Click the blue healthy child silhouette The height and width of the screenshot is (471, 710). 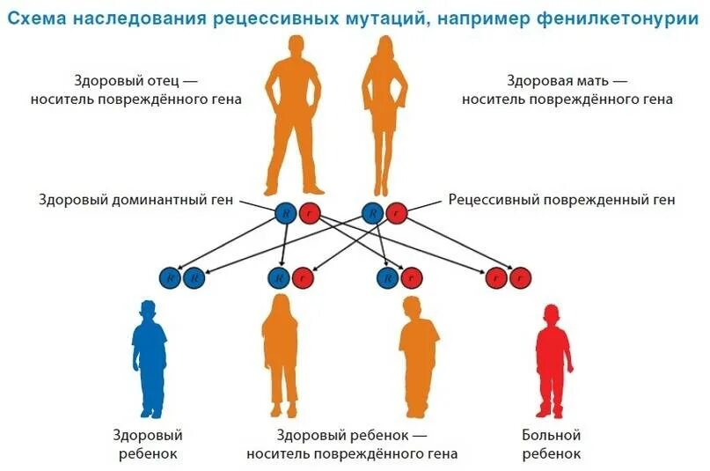click(150, 361)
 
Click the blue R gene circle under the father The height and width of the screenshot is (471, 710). click(285, 212)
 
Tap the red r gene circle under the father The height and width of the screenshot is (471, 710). click(309, 212)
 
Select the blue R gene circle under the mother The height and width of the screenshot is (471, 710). click(373, 212)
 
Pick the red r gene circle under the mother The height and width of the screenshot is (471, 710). click(397, 212)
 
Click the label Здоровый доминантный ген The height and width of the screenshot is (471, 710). click(136, 200)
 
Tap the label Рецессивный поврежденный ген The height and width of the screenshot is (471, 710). click(561, 200)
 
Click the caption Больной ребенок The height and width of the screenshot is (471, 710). click(552, 445)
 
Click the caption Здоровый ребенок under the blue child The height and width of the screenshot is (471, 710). click(147, 445)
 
